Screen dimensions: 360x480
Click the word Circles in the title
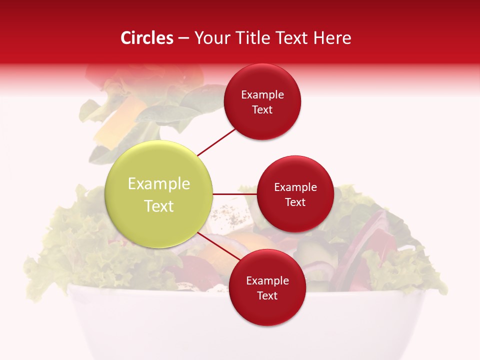pyautogui.click(x=147, y=38)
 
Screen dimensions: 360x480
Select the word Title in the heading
pyautogui.click(x=254, y=38)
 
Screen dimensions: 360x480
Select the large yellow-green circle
pyautogui.click(x=159, y=194)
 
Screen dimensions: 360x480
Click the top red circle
pyautogui.click(x=262, y=101)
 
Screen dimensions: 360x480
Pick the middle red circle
pyautogui.click(x=295, y=194)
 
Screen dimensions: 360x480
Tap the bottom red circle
pyautogui.click(x=267, y=287)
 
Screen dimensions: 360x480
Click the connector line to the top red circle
pyautogui.click(x=216, y=142)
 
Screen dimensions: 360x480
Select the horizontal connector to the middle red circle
pyautogui.click(x=234, y=194)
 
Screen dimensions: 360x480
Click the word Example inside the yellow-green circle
pyautogui.click(x=159, y=184)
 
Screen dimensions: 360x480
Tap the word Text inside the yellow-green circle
pyautogui.click(x=159, y=206)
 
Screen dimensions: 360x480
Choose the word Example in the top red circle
pyautogui.click(x=262, y=95)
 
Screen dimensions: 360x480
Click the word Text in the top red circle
pyautogui.click(x=262, y=109)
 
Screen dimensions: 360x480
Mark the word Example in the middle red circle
pyautogui.click(x=295, y=187)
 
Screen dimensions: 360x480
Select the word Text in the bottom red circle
pyautogui.click(x=267, y=295)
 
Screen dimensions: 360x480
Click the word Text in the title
pyautogui.click(x=293, y=38)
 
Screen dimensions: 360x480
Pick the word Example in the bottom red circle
pyautogui.click(x=267, y=281)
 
